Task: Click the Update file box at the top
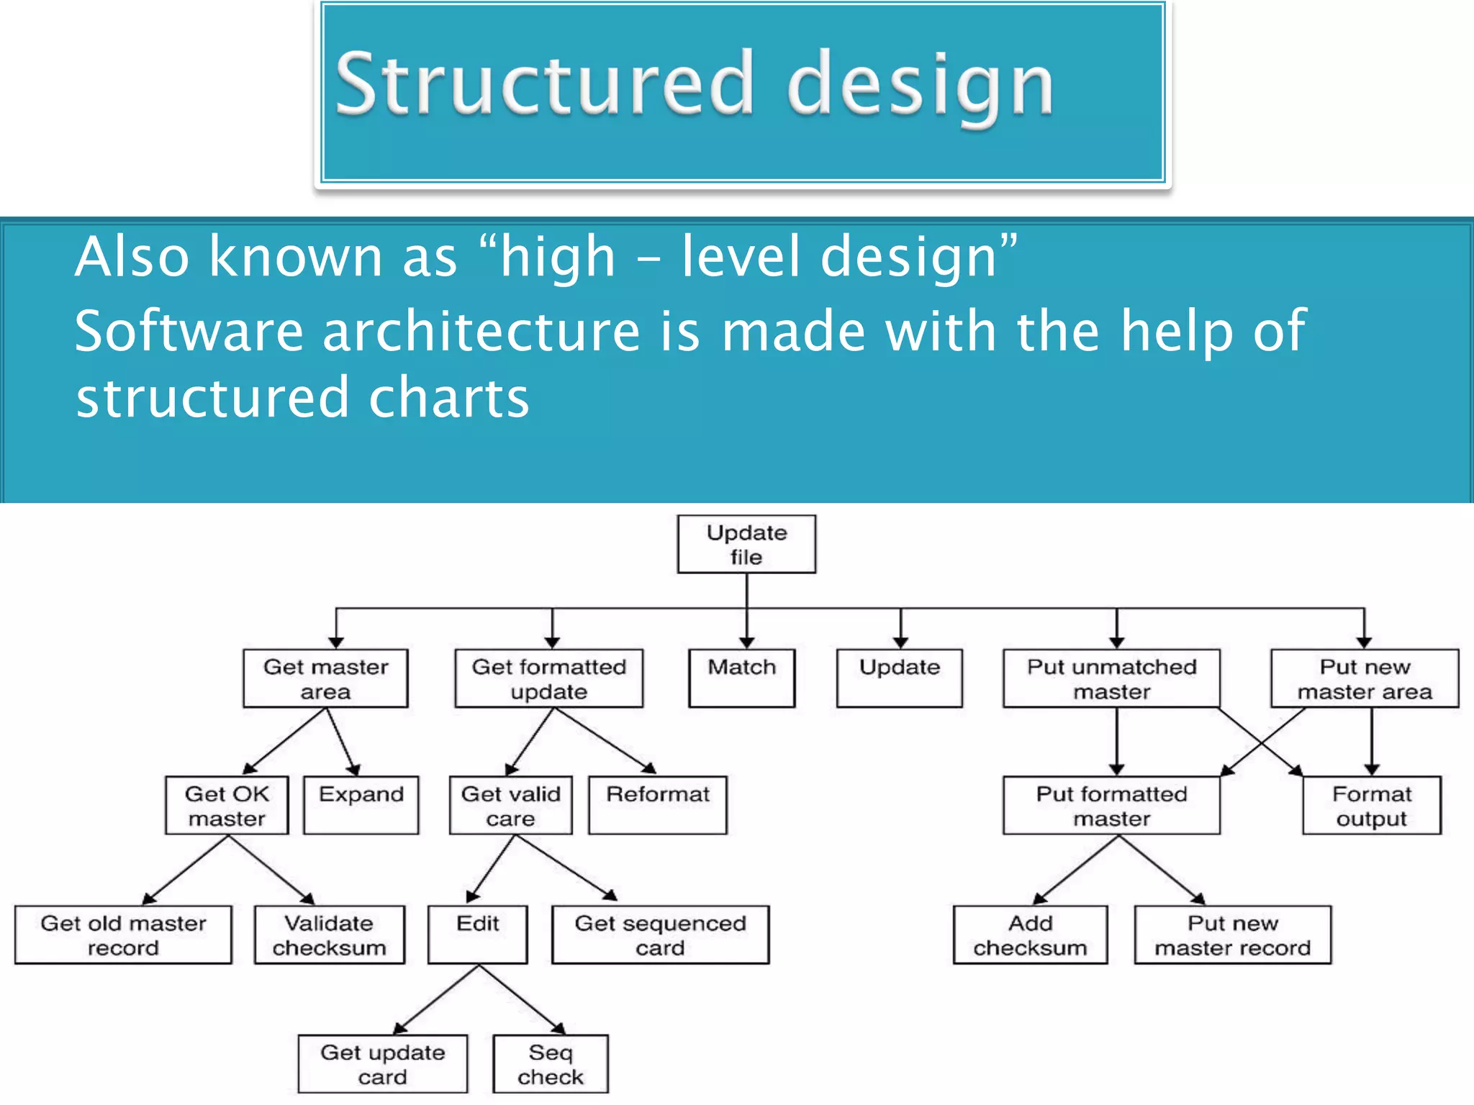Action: [x=746, y=544]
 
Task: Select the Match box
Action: [x=741, y=678]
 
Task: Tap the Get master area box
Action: [x=325, y=678]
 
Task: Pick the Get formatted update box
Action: [x=548, y=678]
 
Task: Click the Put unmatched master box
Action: [x=1111, y=678]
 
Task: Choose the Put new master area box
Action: [x=1364, y=678]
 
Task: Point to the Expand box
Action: [x=361, y=804]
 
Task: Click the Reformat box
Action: [x=657, y=804]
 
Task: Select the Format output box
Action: [x=1371, y=805]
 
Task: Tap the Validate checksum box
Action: [x=329, y=935]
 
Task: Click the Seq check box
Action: [x=550, y=1064]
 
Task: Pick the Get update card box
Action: [x=382, y=1064]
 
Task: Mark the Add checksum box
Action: [x=1030, y=935]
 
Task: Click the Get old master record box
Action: [x=123, y=935]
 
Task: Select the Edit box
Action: [x=477, y=934]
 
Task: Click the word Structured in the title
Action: [x=544, y=83]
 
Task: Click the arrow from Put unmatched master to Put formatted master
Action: [x=1116, y=741]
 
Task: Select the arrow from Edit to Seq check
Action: [x=521, y=999]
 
